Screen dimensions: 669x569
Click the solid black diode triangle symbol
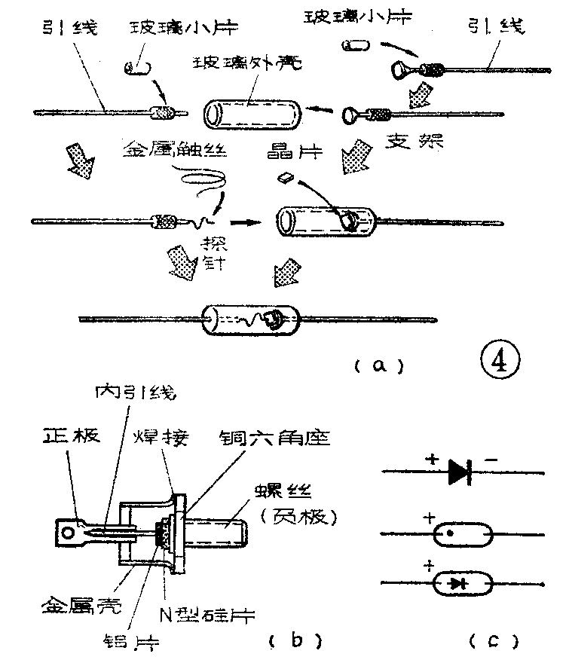tap(460, 471)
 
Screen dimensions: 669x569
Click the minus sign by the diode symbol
tap(491, 457)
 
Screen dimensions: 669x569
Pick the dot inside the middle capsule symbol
tap(450, 534)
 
